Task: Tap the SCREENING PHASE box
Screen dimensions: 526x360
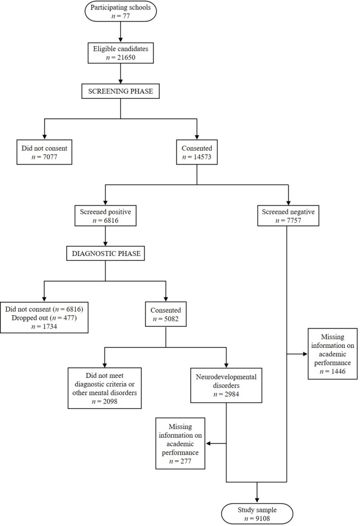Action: tap(121, 90)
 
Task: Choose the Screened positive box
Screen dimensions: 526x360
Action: tap(105, 216)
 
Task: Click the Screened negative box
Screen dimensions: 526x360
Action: tap(287, 216)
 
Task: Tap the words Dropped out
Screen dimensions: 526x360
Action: tap(27, 317)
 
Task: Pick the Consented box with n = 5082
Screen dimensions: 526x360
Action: tap(166, 314)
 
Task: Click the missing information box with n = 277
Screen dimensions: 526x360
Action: tap(180, 443)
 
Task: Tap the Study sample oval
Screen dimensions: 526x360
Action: tap(256, 513)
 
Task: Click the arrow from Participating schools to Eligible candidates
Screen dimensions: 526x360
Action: tap(121, 33)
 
